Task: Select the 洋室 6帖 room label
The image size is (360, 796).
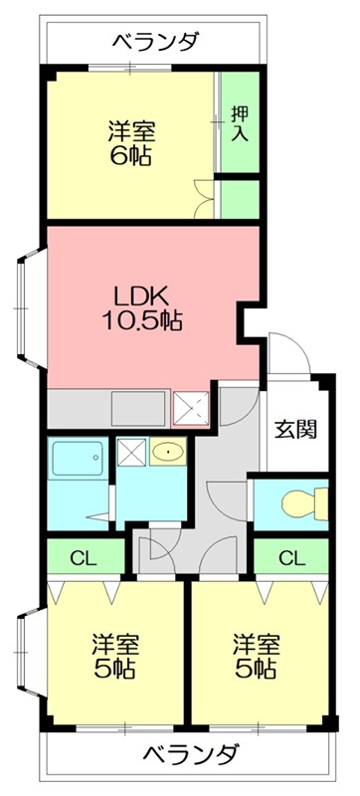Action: (x=131, y=143)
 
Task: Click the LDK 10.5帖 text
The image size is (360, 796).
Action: (x=143, y=307)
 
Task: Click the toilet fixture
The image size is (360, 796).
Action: (x=299, y=505)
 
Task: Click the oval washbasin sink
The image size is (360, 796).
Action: (x=168, y=454)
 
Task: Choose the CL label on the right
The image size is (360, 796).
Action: (x=289, y=558)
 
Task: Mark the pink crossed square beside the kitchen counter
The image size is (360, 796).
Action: (x=189, y=408)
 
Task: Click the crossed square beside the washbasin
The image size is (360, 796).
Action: (x=131, y=454)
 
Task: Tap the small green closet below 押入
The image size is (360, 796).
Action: (x=240, y=196)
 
